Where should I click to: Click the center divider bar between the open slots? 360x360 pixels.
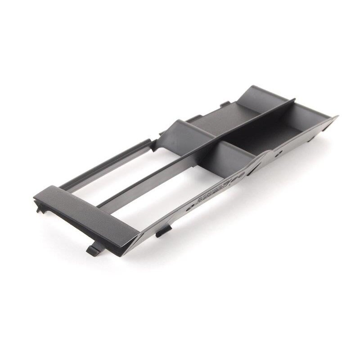[x=148, y=175]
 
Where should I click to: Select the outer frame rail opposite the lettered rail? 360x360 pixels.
[x=108, y=162]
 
